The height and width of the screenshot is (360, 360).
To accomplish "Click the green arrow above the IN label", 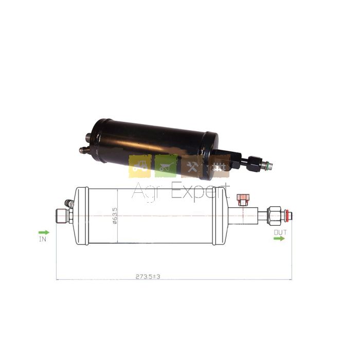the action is (44, 232).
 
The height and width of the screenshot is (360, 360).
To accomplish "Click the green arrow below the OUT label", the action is (279, 239).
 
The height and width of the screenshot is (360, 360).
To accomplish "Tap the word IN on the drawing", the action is (43, 239).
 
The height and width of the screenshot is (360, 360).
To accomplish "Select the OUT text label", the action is (280, 232).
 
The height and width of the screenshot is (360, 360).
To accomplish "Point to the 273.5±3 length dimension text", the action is (148, 277).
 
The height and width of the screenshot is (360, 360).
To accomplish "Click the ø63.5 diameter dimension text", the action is (114, 215).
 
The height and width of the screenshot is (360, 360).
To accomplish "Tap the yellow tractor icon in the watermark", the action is (140, 166).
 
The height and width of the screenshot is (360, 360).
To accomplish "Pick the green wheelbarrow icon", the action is (166, 166).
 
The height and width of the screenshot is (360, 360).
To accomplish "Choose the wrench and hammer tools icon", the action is (192, 166).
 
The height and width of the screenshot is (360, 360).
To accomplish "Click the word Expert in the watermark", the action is (201, 192).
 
